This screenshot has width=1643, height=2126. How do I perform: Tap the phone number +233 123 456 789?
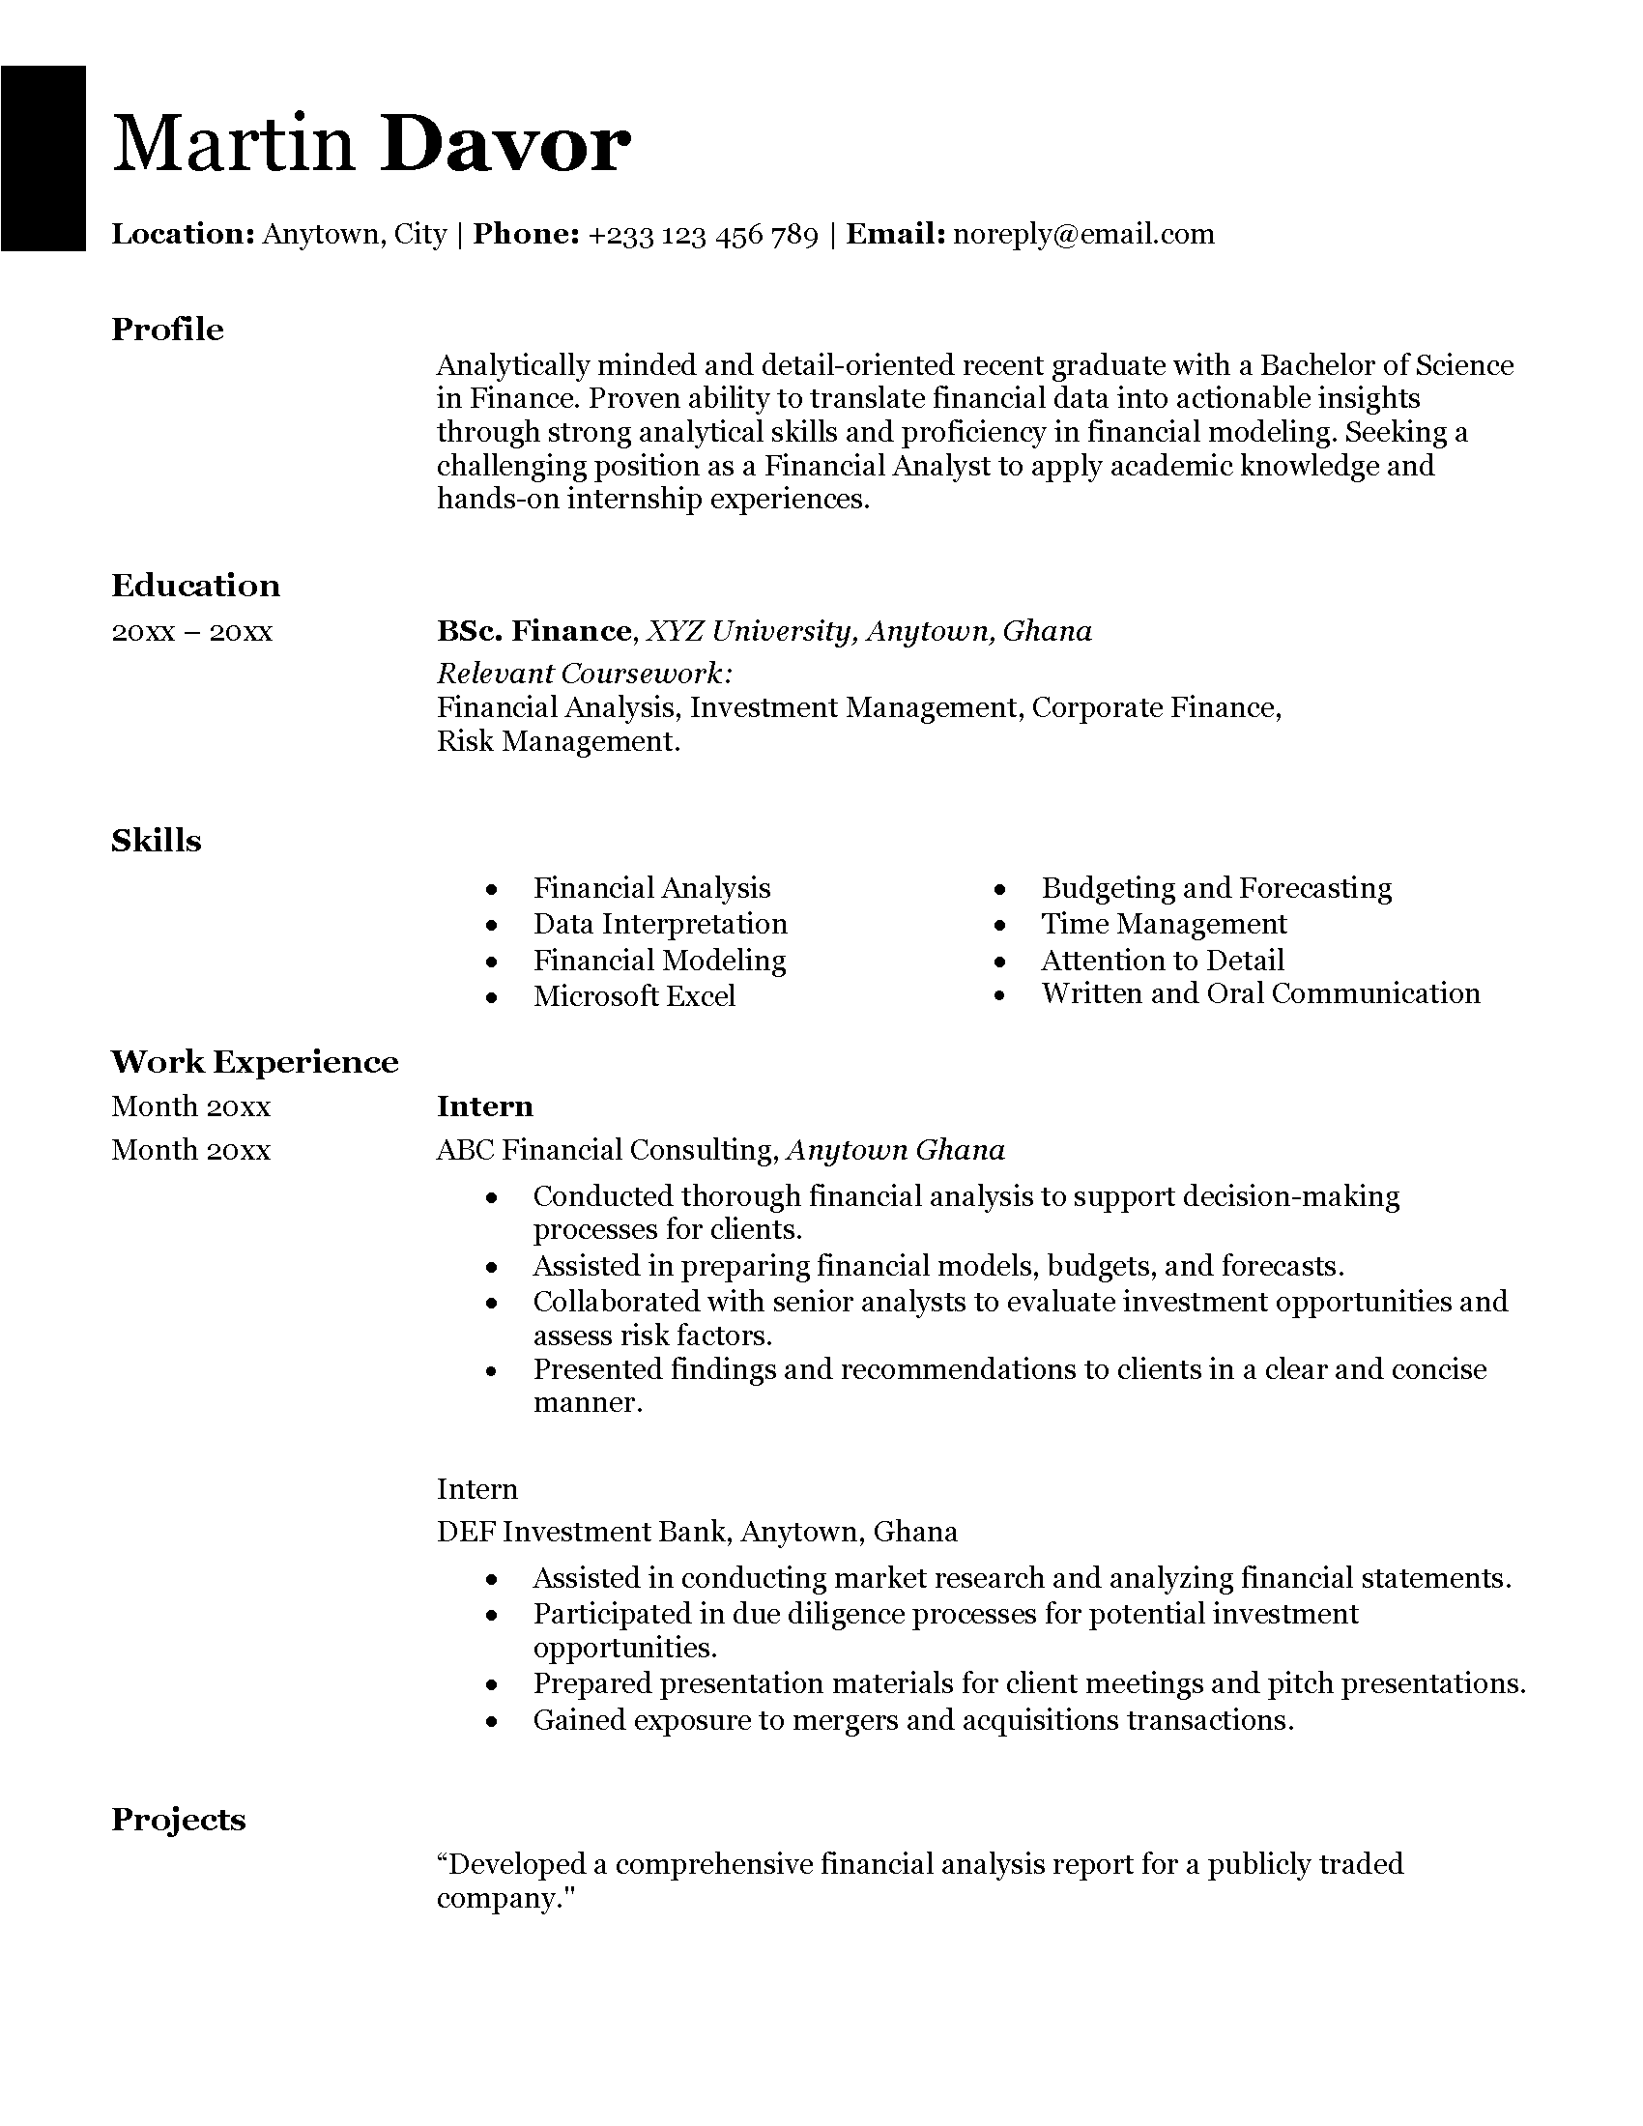(x=703, y=235)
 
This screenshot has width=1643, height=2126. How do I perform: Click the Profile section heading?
(x=167, y=329)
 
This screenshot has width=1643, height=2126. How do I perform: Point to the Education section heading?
(x=195, y=585)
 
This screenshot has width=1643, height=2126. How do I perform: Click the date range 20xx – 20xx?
(x=191, y=632)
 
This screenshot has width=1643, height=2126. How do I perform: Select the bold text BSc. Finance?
(x=534, y=631)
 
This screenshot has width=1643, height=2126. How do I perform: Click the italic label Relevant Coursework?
(x=585, y=673)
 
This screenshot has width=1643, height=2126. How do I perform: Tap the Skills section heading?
(x=156, y=840)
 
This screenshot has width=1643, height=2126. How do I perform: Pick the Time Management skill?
(x=1163, y=923)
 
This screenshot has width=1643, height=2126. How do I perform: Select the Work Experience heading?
(x=255, y=1061)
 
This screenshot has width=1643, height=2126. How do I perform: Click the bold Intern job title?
(x=485, y=1106)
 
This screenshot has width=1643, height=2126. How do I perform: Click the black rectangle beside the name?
(x=43, y=158)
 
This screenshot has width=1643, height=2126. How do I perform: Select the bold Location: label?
(x=183, y=234)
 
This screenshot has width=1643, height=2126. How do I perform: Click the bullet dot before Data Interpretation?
(x=493, y=926)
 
